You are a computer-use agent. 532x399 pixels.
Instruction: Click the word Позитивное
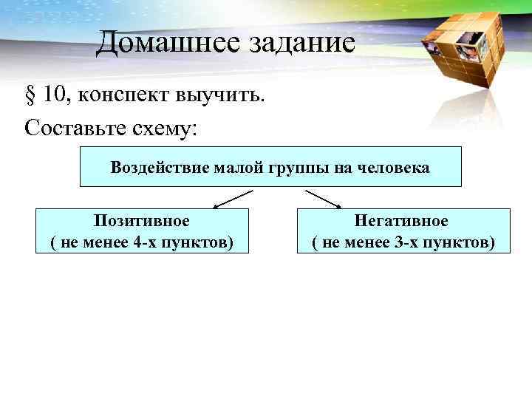tap(142, 221)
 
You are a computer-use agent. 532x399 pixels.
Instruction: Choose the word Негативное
tap(401, 221)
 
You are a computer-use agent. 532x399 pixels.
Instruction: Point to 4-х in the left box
tap(154, 242)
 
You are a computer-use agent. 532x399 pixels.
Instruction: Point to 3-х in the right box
tap(416, 242)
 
